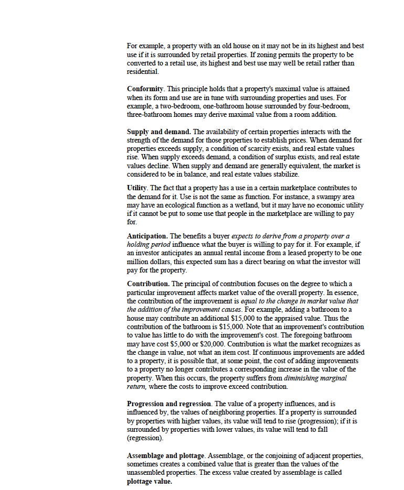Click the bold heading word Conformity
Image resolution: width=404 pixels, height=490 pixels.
[145, 89]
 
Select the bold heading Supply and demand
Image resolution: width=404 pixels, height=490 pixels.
[158, 132]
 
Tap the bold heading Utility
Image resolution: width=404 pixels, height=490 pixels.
[136, 188]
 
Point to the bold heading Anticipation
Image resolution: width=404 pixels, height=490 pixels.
[147, 236]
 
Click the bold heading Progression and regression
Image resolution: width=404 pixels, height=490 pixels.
[169, 404]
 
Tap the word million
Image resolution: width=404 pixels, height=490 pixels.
[138, 262]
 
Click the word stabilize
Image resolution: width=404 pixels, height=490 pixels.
[283, 174]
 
